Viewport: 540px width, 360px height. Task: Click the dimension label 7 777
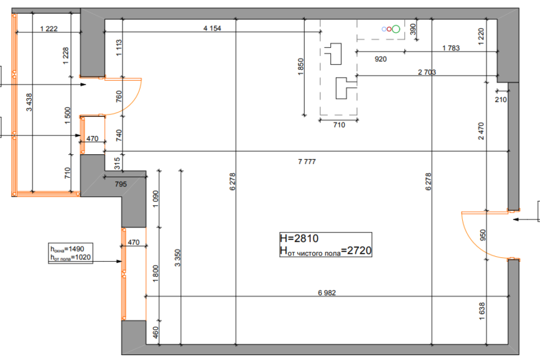point(307,162)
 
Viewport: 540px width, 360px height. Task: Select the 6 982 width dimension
point(327,293)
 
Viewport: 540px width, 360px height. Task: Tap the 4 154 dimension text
point(212,28)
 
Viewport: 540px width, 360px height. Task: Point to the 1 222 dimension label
point(49,29)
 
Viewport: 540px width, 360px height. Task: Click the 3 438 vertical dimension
point(29,102)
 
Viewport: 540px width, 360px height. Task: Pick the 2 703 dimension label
point(427,72)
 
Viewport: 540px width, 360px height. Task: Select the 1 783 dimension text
point(451,48)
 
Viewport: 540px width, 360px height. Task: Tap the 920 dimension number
point(381,59)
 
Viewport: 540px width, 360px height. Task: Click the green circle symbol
point(396,29)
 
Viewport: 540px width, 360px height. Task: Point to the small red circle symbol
point(389,29)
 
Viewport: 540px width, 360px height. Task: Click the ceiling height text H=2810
point(299,238)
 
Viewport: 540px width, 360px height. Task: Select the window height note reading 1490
point(67,249)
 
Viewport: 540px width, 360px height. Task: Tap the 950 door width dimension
point(483,235)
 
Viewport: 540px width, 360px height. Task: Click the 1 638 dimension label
point(482,311)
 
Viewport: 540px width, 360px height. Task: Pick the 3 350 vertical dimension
point(177,258)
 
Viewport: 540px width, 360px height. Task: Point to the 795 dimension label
point(121,184)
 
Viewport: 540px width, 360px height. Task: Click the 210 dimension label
point(501,100)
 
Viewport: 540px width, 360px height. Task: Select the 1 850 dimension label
point(300,67)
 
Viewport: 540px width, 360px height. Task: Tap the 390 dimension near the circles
point(413,29)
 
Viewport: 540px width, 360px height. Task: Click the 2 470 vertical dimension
point(481,131)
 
